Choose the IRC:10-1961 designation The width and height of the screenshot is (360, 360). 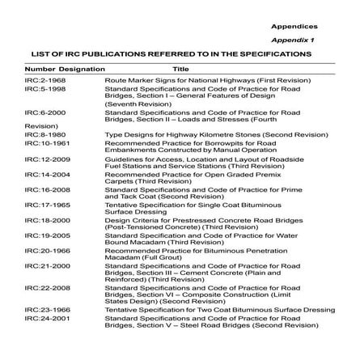[x=41, y=141]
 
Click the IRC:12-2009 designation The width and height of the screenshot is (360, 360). [x=41, y=159]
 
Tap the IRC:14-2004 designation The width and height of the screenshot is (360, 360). [x=41, y=173]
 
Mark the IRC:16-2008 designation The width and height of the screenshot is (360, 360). [x=41, y=188]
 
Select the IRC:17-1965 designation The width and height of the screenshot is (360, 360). [x=41, y=204]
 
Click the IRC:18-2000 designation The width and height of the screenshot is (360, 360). [x=41, y=219]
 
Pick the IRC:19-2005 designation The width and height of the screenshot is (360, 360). [x=41, y=235]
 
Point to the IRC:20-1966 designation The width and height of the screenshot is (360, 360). [x=41, y=250]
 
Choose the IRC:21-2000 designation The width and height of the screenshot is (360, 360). [x=41, y=265]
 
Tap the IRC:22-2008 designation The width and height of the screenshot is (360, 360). [x=41, y=286]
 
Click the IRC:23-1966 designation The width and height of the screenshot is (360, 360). [x=41, y=309]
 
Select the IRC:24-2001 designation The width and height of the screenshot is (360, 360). [x=41, y=317]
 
